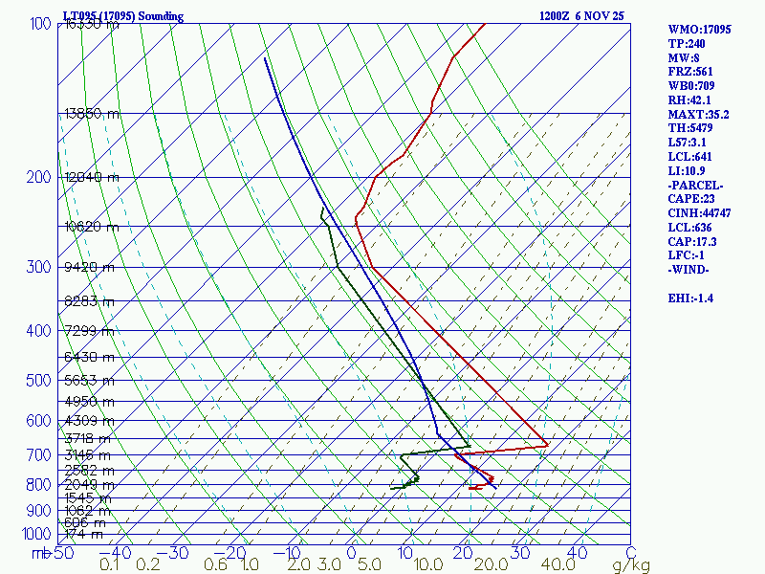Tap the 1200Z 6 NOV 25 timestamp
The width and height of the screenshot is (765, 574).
coord(581,16)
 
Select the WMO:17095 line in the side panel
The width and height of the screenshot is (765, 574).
coord(699,30)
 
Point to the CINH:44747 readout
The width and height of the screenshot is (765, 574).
coord(699,213)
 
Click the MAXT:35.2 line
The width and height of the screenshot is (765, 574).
coord(698,115)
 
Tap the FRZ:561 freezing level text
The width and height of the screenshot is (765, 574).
coord(690,72)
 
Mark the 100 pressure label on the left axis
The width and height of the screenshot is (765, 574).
coord(40,24)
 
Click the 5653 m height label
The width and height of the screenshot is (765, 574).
coord(88,380)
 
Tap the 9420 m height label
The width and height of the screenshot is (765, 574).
coord(88,267)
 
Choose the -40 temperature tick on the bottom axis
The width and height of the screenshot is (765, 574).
coord(120,553)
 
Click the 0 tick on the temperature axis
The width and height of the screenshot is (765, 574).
coord(351,553)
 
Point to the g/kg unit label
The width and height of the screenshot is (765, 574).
coord(632,565)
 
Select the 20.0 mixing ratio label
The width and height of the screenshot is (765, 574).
coord(489,565)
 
